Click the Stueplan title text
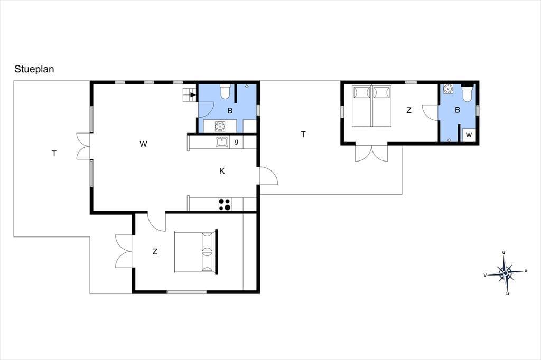[x=34, y=69]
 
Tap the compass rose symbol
[x=506, y=273]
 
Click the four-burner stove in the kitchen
[x=225, y=204]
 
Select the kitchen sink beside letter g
[x=222, y=141]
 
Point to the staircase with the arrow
[x=190, y=94]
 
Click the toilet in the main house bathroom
[x=225, y=92]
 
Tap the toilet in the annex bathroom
[x=467, y=93]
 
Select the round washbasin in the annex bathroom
[x=448, y=89]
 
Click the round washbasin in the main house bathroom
[x=219, y=126]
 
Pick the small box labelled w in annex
[x=469, y=135]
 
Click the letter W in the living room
[x=143, y=144]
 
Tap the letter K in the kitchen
[x=222, y=170]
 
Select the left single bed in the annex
[x=361, y=106]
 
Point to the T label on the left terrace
[x=54, y=154]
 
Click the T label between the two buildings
[x=303, y=135]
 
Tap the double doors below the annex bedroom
[x=371, y=153]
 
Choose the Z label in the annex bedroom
[x=409, y=110]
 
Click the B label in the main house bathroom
[x=230, y=111]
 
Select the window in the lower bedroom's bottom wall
[x=187, y=292]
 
